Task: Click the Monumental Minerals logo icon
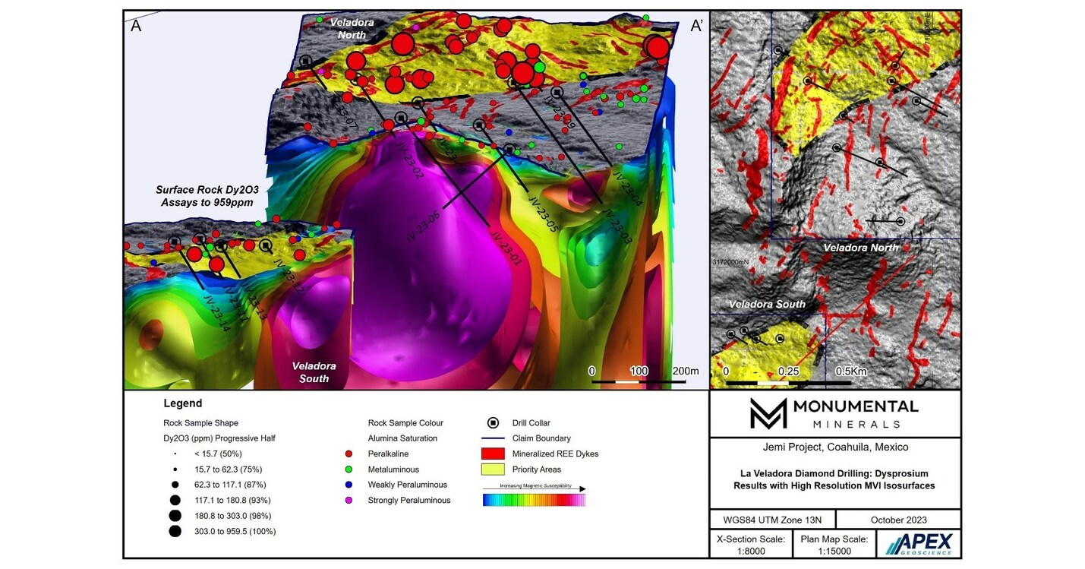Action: (x=768, y=413)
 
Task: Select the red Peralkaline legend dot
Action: (x=348, y=454)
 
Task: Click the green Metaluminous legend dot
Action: (x=348, y=469)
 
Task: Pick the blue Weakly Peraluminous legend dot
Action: (x=348, y=485)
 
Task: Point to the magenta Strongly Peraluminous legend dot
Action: (x=348, y=500)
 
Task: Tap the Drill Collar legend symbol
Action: (x=493, y=423)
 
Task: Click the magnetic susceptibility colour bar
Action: (x=534, y=500)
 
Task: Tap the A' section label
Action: (x=696, y=27)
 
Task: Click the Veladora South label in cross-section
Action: (x=314, y=372)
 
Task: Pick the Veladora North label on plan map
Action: (x=860, y=248)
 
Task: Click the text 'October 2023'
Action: (x=898, y=520)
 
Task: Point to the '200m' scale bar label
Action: (x=686, y=371)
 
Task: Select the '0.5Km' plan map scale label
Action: (x=850, y=371)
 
